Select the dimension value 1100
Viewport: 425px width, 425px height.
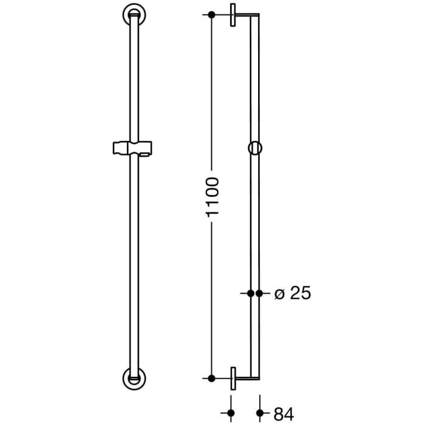[211, 197]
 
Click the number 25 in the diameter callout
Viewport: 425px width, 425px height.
[299, 293]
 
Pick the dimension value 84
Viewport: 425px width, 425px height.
[284, 414]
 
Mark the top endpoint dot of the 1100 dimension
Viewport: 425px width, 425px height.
[211, 15]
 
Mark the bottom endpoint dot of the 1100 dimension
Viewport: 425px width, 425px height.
[211, 378]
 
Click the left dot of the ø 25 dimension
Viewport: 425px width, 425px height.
[251, 293]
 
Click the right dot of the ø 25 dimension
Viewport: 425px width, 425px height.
[260, 293]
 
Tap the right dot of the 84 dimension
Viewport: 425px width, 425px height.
[260, 413]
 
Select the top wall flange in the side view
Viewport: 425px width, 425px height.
[233, 15]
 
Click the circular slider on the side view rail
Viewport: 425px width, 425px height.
[255, 148]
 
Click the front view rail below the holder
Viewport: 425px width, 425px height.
[132, 261]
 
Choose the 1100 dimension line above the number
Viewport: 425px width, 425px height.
[211, 91]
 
